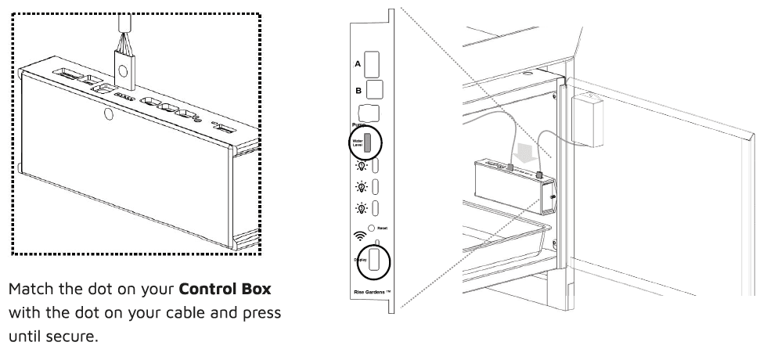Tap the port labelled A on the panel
tap(373, 63)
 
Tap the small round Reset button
tap(373, 227)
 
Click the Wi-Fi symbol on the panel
tap(360, 232)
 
